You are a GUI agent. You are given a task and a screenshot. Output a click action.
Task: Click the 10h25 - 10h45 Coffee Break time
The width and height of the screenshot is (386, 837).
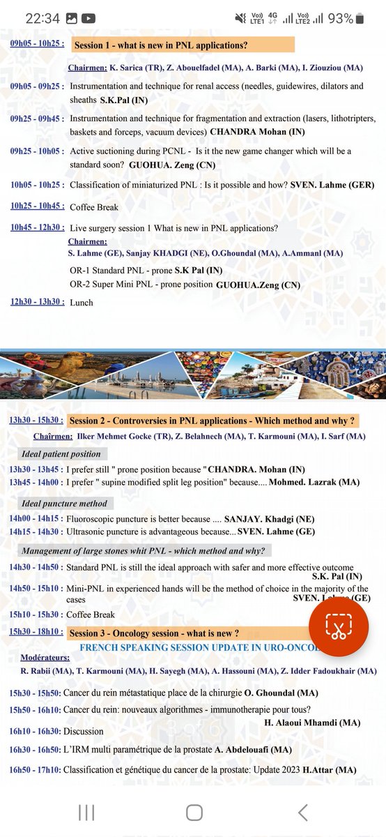(x=37, y=206)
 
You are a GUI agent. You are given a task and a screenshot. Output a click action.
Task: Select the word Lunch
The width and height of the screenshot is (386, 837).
(x=82, y=302)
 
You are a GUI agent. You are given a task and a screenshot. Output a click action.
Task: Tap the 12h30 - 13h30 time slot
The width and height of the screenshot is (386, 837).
(x=37, y=302)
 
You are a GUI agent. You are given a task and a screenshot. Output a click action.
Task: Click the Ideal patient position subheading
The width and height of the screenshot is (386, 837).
(x=61, y=455)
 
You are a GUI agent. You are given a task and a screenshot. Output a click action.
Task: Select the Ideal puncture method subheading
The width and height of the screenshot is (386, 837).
(x=64, y=504)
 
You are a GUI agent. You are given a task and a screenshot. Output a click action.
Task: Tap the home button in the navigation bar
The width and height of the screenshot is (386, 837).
(x=194, y=813)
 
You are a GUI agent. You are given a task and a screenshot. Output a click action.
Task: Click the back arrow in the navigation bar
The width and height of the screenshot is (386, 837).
(x=302, y=813)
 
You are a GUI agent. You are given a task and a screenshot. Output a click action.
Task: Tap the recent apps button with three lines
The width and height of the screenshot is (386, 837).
(x=86, y=813)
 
